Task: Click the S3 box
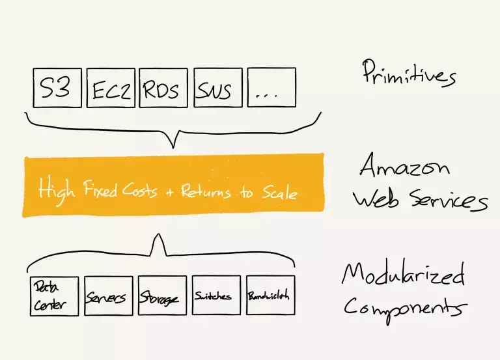tap(57, 87)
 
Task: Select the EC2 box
tap(111, 87)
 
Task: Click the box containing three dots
tap(271, 87)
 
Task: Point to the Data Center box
tap(54, 296)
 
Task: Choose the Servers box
tap(108, 296)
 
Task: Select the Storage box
tap(162, 296)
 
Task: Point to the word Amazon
tap(404, 168)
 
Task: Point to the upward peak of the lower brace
tap(157, 238)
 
